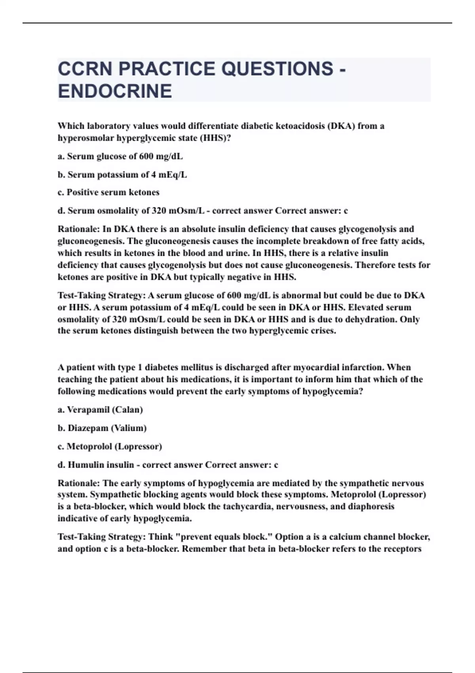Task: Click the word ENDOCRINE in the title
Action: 115,91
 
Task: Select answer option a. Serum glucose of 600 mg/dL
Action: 120,156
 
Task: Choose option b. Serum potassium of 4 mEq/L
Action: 122,175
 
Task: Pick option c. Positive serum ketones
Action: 108,192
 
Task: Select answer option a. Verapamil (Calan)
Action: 100,410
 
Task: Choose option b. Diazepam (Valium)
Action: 102,428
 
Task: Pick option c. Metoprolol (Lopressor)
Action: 110,447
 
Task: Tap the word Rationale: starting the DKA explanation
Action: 79,229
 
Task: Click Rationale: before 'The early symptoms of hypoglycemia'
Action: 79,483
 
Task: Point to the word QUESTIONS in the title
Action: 277,69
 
